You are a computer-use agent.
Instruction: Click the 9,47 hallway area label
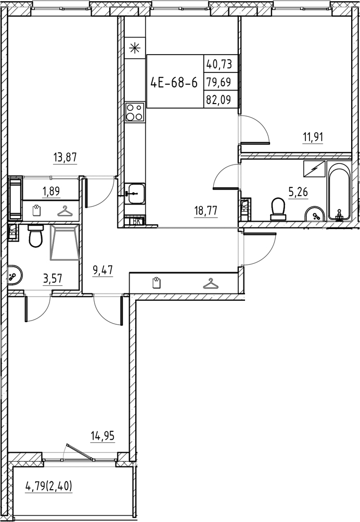pyautogui.click(x=102, y=270)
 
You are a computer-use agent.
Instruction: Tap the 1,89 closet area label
pyautogui.click(x=51, y=191)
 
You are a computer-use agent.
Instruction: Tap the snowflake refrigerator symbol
pyautogui.click(x=134, y=49)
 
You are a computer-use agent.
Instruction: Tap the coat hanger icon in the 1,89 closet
pyautogui.click(x=64, y=211)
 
